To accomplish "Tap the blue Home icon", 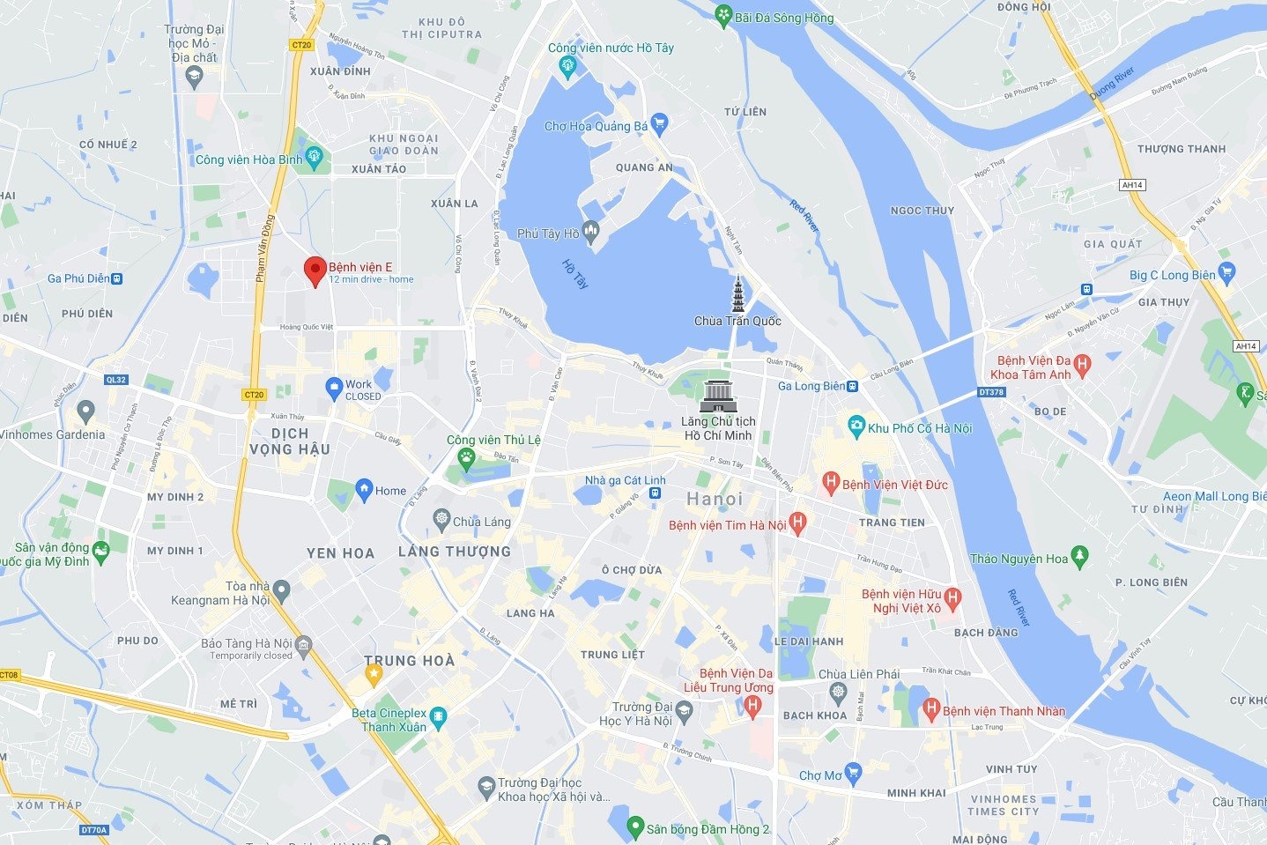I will (x=364, y=490).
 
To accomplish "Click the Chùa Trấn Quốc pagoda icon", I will (x=737, y=294).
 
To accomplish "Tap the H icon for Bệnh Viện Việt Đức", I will (x=830, y=483).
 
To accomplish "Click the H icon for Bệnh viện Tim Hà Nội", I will (x=797, y=524).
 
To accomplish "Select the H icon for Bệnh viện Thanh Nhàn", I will (x=931, y=709).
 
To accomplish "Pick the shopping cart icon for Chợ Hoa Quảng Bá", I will (x=658, y=124).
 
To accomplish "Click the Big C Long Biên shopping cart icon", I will (x=1226, y=272).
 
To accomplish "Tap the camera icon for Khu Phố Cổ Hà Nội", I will (x=856, y=427).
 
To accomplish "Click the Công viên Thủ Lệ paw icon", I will (x=465, y=457).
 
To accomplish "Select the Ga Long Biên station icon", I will (x=853, y=386).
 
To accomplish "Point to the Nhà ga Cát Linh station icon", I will (x=655, y=493).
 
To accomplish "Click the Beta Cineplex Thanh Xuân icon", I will (x=438, y=715).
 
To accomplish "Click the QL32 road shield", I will (x=115, y=380).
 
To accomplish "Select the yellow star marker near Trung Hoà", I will (x=374, y=675).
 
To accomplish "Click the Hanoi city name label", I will (x=715, y=499).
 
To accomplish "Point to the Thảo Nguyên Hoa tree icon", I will (x=1080, y=558).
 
